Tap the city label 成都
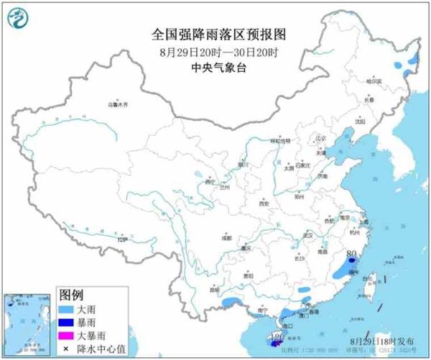pyautogui.click(x=227, y=236)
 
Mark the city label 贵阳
pyautogui.click(x=248, y=275)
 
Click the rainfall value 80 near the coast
pyautogui.click(x=352, y=254)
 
